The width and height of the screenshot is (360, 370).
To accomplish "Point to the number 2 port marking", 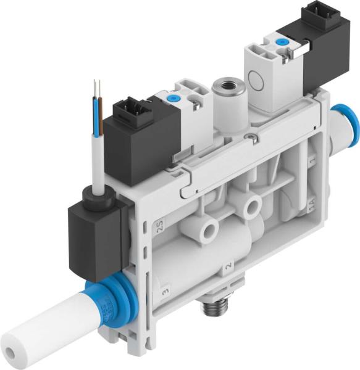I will pyautogui.click(x=228, y=266).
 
